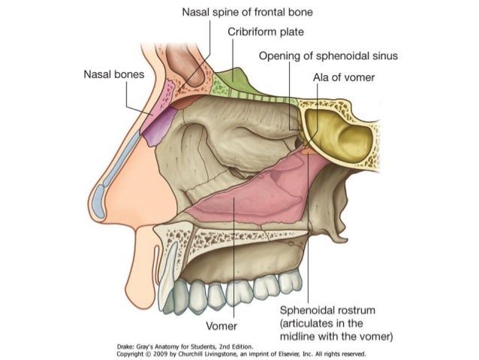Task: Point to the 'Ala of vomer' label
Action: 344,77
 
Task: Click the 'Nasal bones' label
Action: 114,75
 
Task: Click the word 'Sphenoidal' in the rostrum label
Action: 309,310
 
